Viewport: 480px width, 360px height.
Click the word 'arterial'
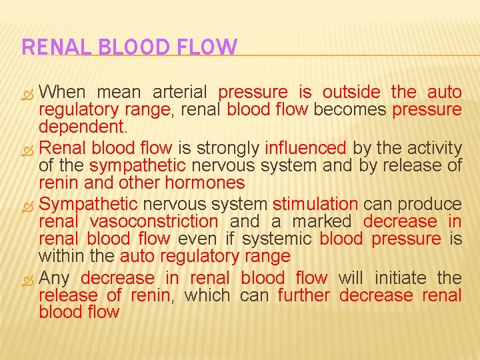pyautogui.click(x=180, y=92)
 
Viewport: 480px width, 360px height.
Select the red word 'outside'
pyautogui.click(x=351, y=92)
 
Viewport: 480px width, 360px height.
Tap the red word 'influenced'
pyautogui.click(x=305, y=147)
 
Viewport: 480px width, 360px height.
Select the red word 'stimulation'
pyautogui.click(x=315, y=203)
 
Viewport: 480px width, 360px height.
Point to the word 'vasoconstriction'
pyautogui.click(x=154, y=221)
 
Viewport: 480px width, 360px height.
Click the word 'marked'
pyautogui.click(x=321, y=221)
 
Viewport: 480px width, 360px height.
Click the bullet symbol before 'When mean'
pyautogui.click(x=29, y=93)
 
